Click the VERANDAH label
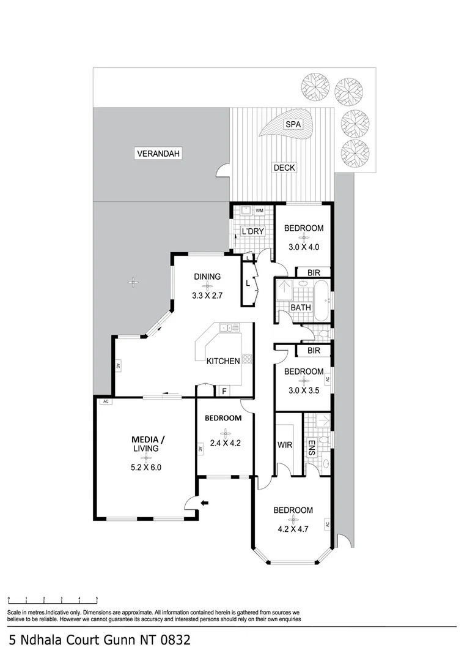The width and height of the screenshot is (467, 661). coord(159,154)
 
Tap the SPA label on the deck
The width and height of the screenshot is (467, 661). coord(294,125)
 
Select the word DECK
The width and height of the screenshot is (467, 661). coord(284,167)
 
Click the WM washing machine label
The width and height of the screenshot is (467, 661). coord(259,211)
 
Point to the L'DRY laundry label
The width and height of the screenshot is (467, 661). coord(252,231)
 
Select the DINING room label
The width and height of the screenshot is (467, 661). coord(207,277)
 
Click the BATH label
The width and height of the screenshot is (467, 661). coord(300,307)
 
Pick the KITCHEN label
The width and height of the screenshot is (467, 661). coord(223,361)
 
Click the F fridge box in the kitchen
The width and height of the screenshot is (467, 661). coord(224,390)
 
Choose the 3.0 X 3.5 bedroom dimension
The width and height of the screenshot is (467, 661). coord(304,390)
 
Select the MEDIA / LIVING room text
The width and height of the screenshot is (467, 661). coord(146,444)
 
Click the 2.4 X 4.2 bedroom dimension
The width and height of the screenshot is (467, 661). coord(223,444)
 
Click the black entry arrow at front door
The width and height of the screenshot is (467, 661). coord(205,503)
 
